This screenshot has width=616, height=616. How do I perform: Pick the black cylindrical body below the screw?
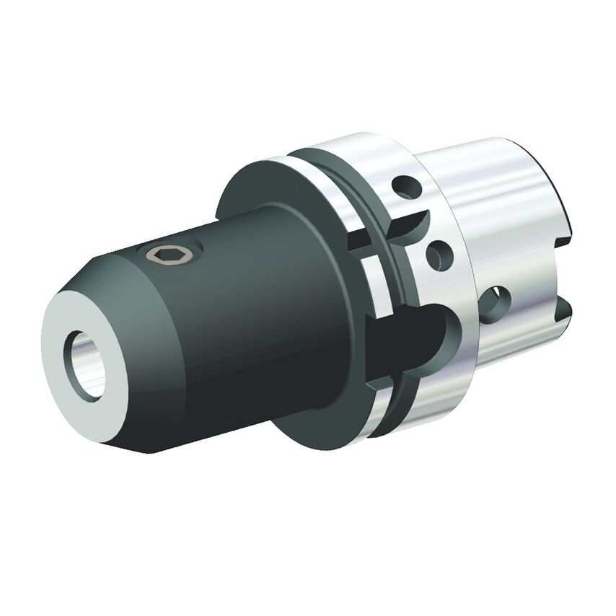[x=216, y=339]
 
